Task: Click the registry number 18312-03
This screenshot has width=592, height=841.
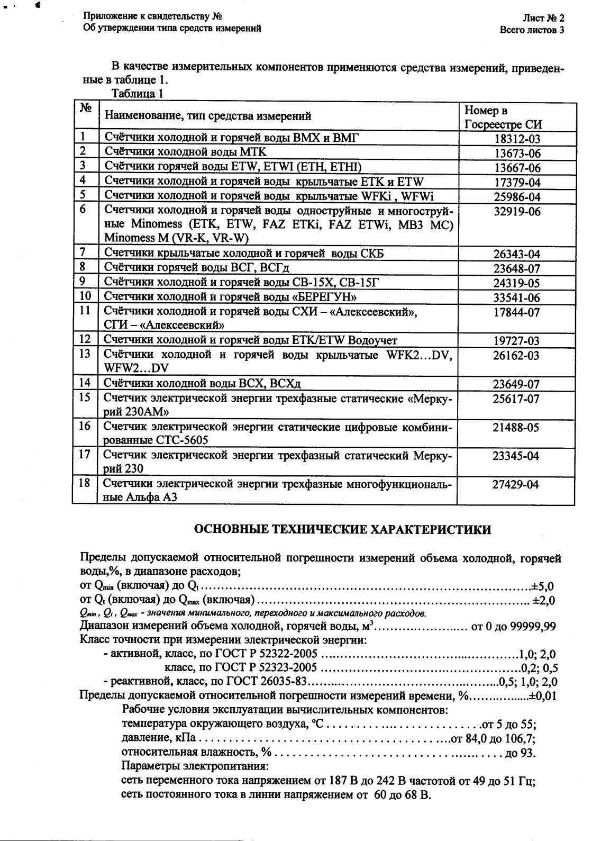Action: click(x=516, y=139)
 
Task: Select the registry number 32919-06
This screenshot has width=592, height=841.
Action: click(x=516, y=211)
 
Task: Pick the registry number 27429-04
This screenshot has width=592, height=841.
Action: click(x=516, y=484)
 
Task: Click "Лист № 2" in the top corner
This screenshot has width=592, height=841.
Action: click(x=543, y=18)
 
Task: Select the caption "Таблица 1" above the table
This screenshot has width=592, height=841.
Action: click(x=138, y=94)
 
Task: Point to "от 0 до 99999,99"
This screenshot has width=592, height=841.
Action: click(x=513, y=627)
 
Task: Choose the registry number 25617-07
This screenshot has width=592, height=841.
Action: click(x=516, y=398)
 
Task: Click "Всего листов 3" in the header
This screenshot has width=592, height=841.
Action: click(x=532, y=30)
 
